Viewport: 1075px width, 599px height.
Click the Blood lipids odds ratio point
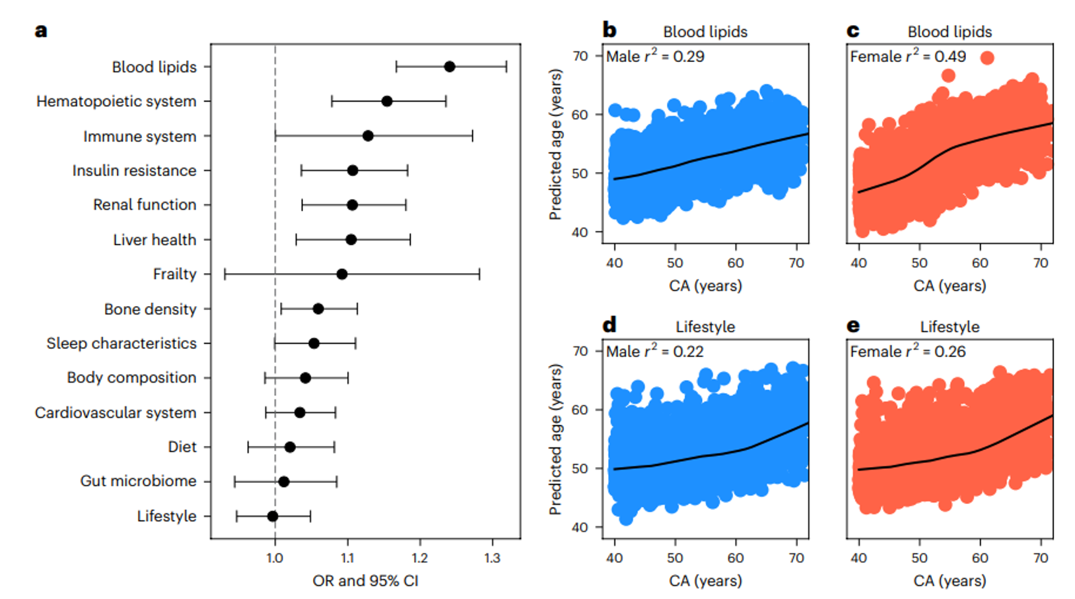tap(450, 67)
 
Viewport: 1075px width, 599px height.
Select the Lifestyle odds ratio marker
tap(273, 516)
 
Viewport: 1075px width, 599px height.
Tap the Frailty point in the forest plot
tap(341, 274)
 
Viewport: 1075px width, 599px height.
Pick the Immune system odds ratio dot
tap(368, 136)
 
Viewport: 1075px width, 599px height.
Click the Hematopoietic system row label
tap(116, 102)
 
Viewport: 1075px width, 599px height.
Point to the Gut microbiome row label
tap(138, 481)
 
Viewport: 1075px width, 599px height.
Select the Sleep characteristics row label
tap(121, 343)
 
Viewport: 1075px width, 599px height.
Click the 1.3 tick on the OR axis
tap(492, 558)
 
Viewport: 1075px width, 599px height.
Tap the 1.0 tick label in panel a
tap(275, 558)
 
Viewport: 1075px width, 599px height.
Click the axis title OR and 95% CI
tap(365, 581)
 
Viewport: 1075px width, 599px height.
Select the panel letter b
tap(609, 30)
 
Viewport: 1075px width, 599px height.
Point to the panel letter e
tap(853, 325)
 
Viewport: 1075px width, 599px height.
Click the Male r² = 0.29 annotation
tap(655, 57)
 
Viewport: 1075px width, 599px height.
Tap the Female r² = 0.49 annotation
tap(907, 57)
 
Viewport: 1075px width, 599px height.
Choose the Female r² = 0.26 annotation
tap(907, 352)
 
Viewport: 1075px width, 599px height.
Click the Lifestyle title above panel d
tap(705, 327)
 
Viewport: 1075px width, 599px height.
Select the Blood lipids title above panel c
tap(950, 32)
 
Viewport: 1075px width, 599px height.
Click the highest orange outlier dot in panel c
tap(987, 58)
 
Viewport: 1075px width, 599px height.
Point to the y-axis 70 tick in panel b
tap(580, 56)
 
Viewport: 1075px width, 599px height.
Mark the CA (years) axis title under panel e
tap(950, 581)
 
